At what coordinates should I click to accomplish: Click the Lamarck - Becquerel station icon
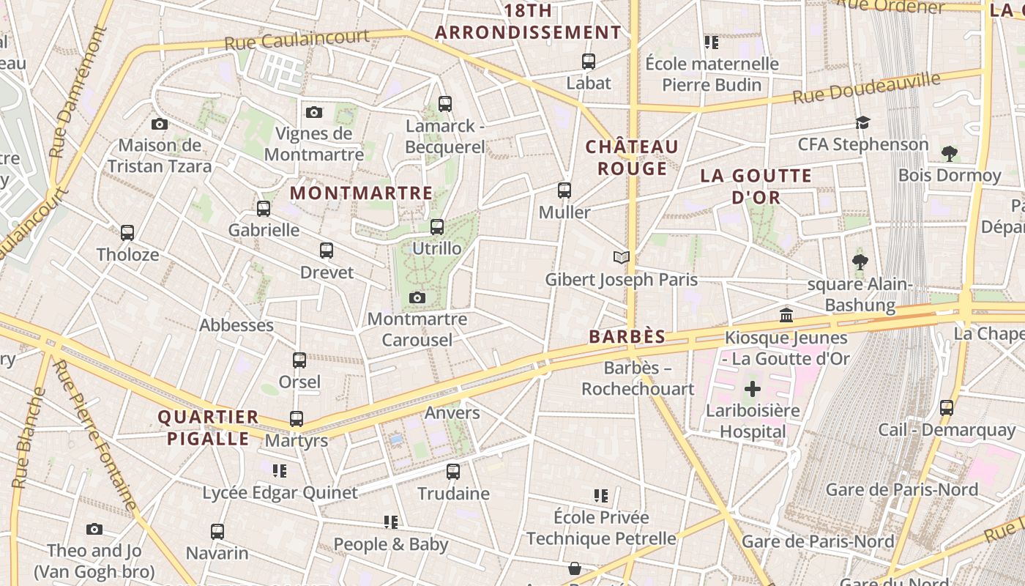click(444, 104)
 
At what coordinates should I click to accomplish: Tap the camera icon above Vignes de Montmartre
click(314, 112)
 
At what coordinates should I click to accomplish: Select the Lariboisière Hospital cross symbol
click(752, 389)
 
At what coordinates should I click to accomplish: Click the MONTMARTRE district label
click(362, 193)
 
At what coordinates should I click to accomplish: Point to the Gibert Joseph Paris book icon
click(622, 257)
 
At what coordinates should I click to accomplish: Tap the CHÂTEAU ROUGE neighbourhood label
click(632, 157)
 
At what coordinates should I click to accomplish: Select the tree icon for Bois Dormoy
click(949, 153)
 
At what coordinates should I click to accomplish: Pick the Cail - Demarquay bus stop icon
click(947, 408)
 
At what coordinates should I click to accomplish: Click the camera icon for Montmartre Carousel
click(417, 297)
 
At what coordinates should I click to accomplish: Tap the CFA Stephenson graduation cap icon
click(863, 122)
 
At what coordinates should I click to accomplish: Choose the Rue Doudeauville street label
click(865, 89)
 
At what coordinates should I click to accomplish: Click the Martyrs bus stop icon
click(297, 419)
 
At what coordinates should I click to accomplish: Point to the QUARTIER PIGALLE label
click(209, 428)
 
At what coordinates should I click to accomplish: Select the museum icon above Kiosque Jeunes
click(786, 316)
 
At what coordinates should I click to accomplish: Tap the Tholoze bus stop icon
click(127, 233)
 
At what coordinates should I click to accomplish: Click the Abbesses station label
click(236, 325)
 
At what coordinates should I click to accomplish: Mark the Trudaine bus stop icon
click(453, 472)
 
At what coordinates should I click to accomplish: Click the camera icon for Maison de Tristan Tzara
click(160, 125)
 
